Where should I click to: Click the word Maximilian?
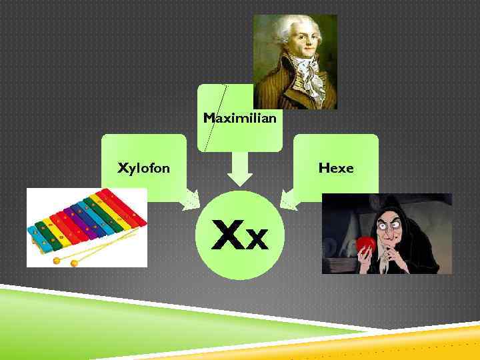click(239, 118)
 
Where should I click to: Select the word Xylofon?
click(143, 168)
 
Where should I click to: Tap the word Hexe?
click(336, 168)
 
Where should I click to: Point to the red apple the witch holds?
click(365, 244)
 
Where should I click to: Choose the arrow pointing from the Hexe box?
click(291, 198)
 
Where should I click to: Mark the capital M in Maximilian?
click(209, 118)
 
